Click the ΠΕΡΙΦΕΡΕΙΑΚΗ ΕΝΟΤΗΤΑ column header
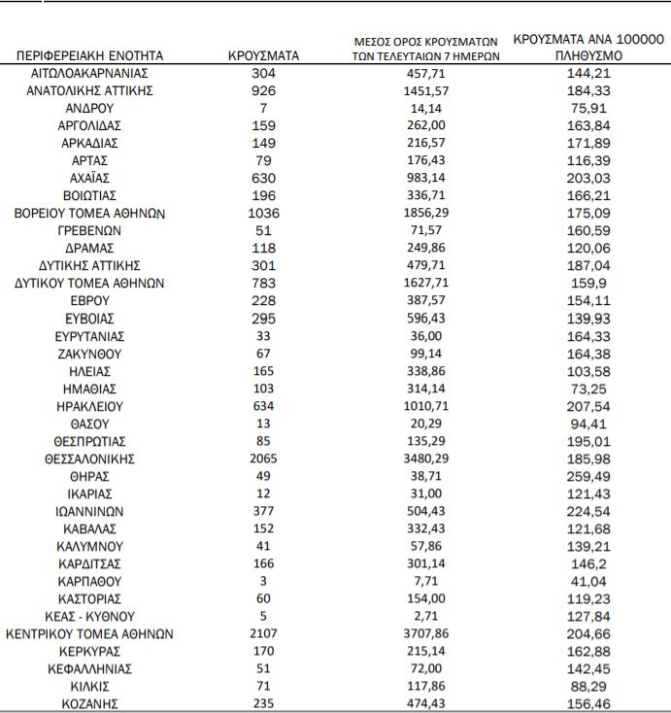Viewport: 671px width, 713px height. pyautogui.click(x=90, y=56)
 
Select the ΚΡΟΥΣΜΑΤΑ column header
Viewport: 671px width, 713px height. pyautogui.click(x=263, y=56)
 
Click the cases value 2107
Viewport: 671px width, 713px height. pyautogui.click(x=263, y=633)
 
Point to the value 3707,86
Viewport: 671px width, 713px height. pyautogui.click(x=426, y=633)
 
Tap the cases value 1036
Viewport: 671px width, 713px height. pyautogui.click(x=263, y=213)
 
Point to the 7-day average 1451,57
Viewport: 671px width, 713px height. pyautogui.click(x=426, y=90)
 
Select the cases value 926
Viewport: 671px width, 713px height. pyautogui.click(x=263, y=90)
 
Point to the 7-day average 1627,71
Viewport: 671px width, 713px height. pyautogui.click(x=426, y=283)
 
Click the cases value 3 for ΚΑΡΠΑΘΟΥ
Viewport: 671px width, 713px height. pyautogui.click(x=263, y=581)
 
